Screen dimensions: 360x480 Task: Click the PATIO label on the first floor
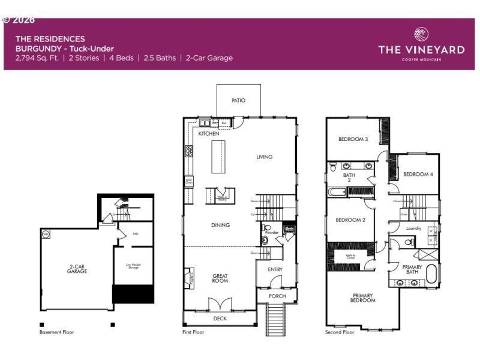point(238,101)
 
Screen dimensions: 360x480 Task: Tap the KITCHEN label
point(209,133)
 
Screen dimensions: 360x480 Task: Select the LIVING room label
point(264,157)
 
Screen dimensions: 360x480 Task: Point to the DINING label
point(220,225)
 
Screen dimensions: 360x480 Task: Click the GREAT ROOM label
point(220,279)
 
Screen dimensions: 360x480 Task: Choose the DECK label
point(220,319)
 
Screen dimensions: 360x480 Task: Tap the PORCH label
point(277,296)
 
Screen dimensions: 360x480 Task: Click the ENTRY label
point(275,269)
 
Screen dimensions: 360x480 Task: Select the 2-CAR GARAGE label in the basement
point(77,269)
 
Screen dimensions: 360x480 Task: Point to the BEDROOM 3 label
point(353,139)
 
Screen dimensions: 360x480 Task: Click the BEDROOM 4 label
point(418,174)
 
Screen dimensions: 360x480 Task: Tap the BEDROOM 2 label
point(350,220)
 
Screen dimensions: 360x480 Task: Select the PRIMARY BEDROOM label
point(363,298)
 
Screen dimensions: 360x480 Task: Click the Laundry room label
point(413,229)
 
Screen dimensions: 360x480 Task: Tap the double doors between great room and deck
point(220,304)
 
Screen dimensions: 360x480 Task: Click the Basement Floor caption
point(57,332)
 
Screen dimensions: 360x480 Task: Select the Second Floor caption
point(340,332)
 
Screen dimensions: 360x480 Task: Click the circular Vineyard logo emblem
point(421,35)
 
